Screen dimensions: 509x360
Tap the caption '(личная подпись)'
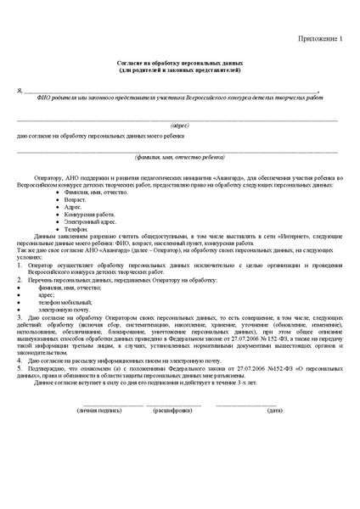coord(99,410)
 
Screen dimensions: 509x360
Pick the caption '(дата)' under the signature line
coord(274,410)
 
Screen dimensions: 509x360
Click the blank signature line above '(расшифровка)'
coord(174,403)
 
